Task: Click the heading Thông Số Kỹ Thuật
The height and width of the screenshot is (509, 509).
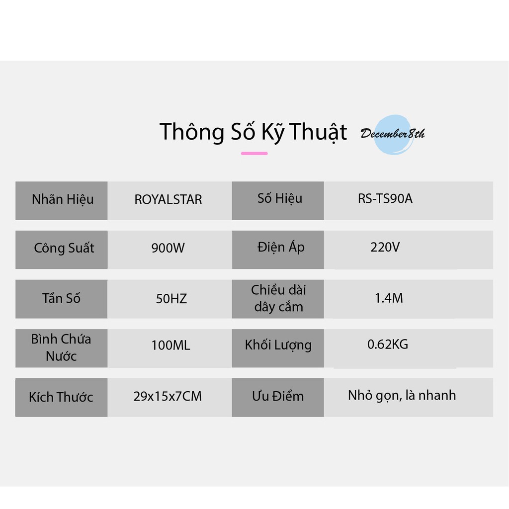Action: pyautogui.click(x=253, y=132)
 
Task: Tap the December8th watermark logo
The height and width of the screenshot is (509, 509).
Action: pyautogui.click(x=393, y=134)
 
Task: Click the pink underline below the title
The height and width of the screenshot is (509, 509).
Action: pyautogui.click(x=254, y=153)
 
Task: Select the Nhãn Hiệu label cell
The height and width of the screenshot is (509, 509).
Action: pyautogui.click(x=61, y=201)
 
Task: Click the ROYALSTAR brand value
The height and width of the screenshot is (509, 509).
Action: pyautogui.click(x=168, y=199)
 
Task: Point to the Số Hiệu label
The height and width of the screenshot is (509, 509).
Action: pyautogui.click(x=280, y=198)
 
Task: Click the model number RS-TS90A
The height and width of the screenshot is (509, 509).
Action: pyautogui.click(x=385, y=198)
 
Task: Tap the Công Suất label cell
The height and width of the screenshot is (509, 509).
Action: pyautogui.click(x=61, y=250)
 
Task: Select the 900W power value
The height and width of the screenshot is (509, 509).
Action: pyautogui.click(x=168, y=248)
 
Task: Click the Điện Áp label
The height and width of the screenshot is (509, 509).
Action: pyautogui.click(x=281, y=248)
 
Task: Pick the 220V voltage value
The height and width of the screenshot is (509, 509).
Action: pyautogui.click(x=385, y=248)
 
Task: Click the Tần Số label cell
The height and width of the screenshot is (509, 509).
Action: pyautogui.click(x=61, y=299)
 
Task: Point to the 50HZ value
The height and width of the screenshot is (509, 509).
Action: pyautogui.click(x=171, y=299)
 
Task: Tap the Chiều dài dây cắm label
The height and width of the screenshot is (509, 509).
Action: pyautogui.click(x=278, y=298)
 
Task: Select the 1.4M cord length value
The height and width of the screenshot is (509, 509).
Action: pyautogui.click(x=389, y=298)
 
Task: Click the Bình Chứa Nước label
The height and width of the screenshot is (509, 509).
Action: pyautogui.click(x=61, y=347)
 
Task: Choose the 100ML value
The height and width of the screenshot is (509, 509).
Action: pyautogui.click(x=171, y=345)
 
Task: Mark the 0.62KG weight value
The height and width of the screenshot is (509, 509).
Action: pyautogui.click(x=388, y=344)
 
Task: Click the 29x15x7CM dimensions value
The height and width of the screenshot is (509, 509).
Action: pyautogui.click(x=168, y=396)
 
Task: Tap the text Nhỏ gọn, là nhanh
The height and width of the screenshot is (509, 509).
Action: pyautogui.click(x=402, y=396)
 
